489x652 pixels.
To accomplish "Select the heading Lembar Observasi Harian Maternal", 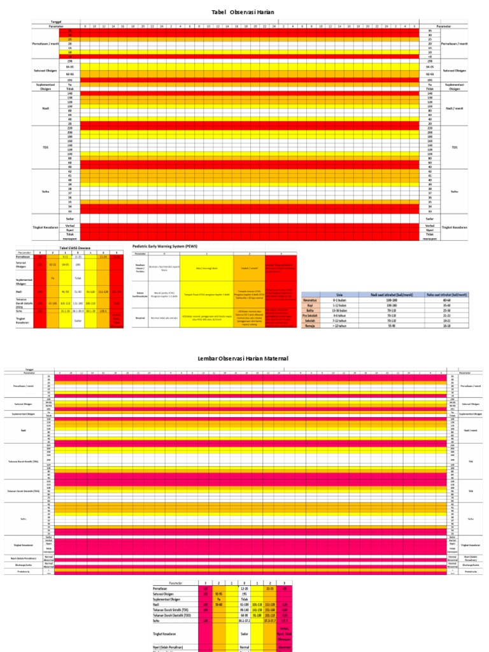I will tap(244, 358).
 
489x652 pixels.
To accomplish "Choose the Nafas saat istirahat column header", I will tap(445, 294).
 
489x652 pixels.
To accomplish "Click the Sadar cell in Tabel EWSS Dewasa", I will tap(78, 321).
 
